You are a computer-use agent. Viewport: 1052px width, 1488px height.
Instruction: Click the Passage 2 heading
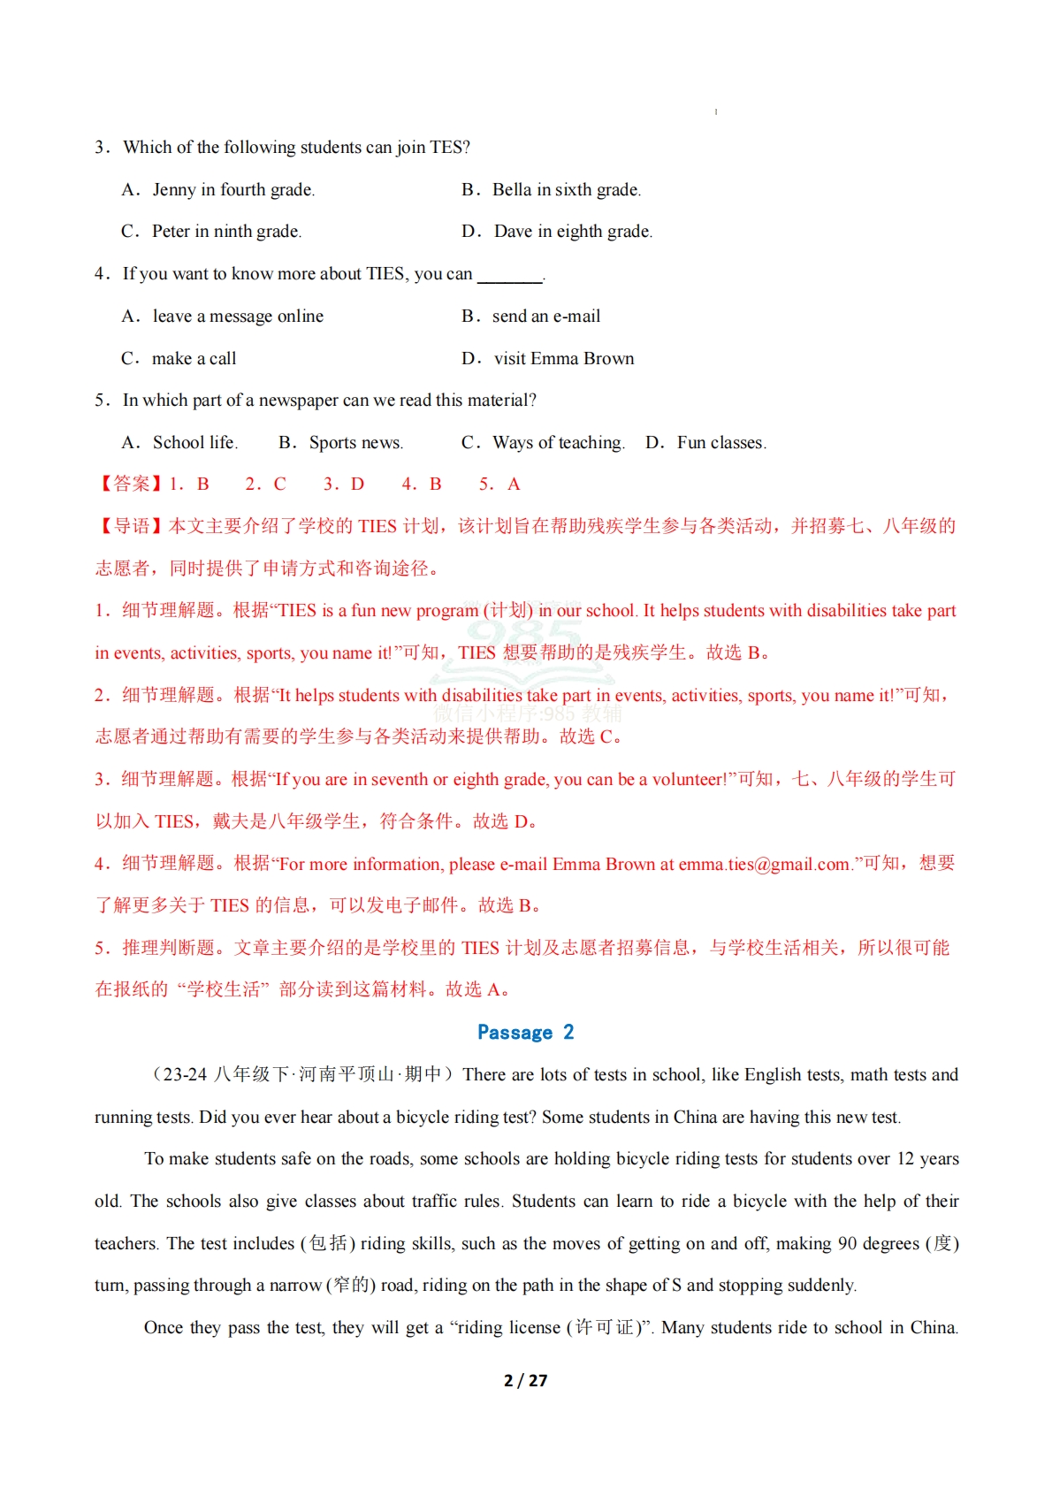click(525, 1032)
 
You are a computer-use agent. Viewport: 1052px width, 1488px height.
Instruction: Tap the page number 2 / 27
click(525, 1380)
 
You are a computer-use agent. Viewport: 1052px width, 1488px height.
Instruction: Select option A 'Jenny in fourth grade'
click(233, 189)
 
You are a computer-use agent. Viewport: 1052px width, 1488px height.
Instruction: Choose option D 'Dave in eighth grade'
click(572, 232)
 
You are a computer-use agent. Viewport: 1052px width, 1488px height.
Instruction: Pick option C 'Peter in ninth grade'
click(225, 232)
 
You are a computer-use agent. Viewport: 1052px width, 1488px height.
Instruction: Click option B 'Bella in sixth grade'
click(566, 189)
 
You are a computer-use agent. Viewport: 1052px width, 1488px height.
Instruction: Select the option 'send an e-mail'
click(545, 317)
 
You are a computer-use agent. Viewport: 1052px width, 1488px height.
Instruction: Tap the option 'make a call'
click(194, 359)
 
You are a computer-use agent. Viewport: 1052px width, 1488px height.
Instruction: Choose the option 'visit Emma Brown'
click(563, 359)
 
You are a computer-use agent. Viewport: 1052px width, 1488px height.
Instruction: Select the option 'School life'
click(194, 443)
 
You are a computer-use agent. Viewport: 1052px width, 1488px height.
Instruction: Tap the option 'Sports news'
click(354, 443)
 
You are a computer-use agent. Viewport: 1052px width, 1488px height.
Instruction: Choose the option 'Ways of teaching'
click(558, 443)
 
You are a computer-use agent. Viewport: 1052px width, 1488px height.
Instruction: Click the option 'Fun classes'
click(720, 443)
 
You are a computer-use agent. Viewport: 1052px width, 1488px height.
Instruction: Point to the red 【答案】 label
click(129, 485)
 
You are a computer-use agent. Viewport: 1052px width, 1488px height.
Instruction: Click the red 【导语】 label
click(129, 527)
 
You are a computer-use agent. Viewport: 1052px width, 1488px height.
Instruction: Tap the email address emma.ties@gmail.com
click(764, 865)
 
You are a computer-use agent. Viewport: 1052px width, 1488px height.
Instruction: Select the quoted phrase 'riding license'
click(508, 1328)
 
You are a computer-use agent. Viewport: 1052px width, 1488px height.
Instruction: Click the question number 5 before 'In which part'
click(101, 401)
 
